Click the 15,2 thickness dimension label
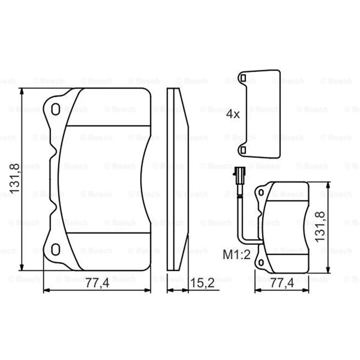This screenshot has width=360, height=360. coord(202,283)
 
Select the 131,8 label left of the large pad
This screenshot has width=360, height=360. coord(14,178)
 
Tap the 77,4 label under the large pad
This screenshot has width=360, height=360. coord(97,283)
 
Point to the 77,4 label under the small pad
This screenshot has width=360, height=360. coord(282,283)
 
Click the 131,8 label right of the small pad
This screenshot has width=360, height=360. coord(320,227)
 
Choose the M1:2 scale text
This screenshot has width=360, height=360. coord(237,255)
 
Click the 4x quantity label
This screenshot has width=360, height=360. coord(233,114)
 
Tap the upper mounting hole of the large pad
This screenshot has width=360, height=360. coord(55,109)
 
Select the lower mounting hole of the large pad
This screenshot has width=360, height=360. coord(55,249)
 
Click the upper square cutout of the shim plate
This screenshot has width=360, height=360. coord(243,78)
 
